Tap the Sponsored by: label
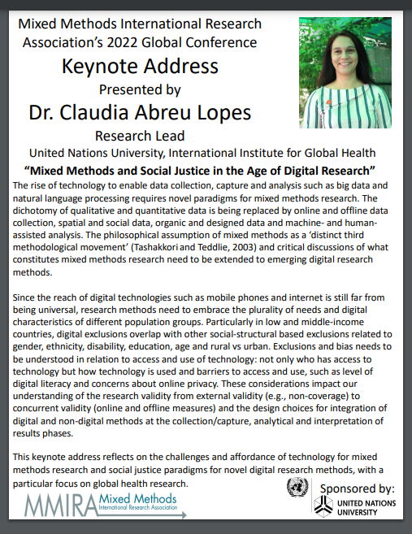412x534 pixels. tap(358, 488)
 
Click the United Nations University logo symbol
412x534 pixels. tap(326, 507)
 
